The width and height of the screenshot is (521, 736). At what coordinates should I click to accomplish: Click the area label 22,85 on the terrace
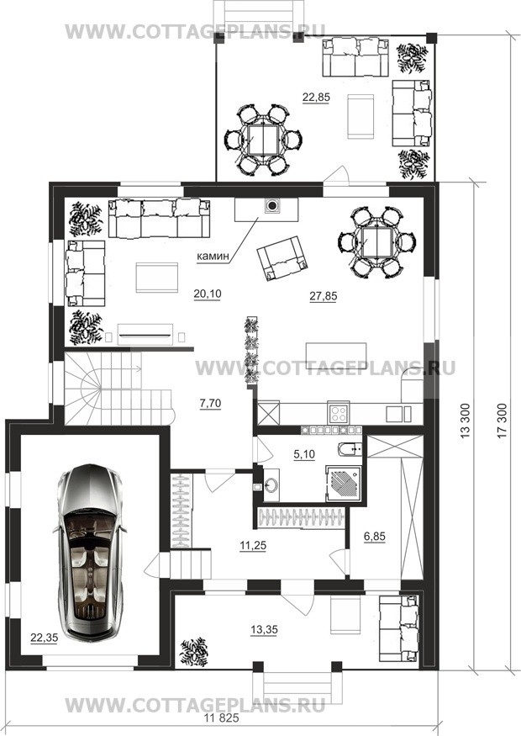click(x=316, y=98)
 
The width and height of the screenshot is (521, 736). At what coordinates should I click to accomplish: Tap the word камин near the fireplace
click(x=213, y=257)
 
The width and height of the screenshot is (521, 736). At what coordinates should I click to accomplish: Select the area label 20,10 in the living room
click(x=208, y=294)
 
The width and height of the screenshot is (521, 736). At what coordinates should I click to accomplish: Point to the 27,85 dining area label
click(x=324, y=296)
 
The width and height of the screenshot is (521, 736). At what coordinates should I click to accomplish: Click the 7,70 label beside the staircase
click(x=211, y=403)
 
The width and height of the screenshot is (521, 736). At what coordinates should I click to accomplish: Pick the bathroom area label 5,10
click(x=304, y=454)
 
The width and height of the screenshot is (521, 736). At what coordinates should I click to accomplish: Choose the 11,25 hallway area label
click(x=253, y=545)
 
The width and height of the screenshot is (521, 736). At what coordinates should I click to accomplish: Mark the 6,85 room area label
click(x=375, y=537)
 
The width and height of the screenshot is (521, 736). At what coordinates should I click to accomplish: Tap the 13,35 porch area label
click(x=264, y=630)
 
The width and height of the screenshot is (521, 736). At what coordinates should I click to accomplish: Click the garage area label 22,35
click(x=44, y=638)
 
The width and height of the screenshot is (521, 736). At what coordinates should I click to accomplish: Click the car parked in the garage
click(x=89, y=553)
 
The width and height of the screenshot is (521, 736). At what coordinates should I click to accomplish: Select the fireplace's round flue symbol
click(x=271, y=205)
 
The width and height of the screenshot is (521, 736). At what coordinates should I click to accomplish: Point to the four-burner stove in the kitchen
click(x=338, y=414)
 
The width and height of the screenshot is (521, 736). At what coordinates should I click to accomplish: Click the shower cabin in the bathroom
click(x=345, y=484)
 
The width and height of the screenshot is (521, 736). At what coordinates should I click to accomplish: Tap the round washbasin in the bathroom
click(x=271, y=485)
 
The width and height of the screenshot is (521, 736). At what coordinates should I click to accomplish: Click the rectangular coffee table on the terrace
click(x=360, y=116)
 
